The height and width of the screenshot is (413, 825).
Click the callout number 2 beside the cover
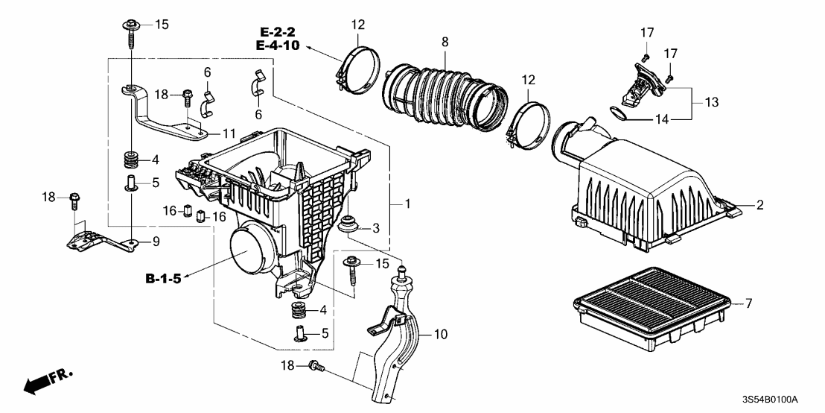point(759,205)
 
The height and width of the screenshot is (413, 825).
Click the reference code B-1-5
point(163,280)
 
